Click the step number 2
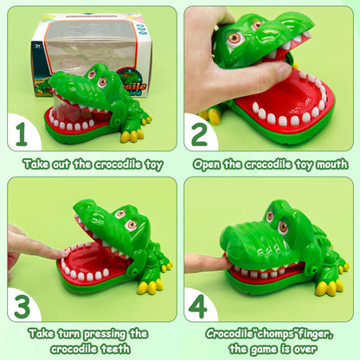(199, 135)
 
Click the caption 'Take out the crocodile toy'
(91, 164)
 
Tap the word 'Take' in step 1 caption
(37, 164)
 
